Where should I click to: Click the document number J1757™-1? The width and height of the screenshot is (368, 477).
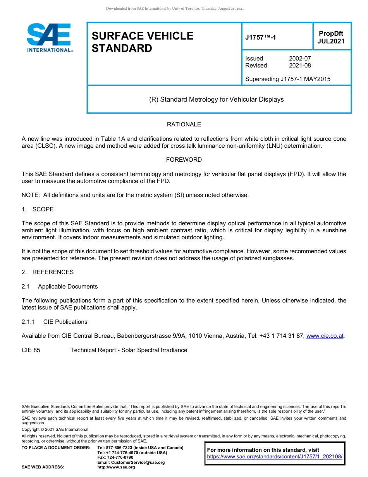(x=260, y=38)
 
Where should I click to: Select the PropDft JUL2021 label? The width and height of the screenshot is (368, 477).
(x=331, y=38)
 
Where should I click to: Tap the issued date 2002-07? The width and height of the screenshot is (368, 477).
(x=300, y=59)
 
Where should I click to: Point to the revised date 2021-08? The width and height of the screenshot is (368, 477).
(x=300, y=66)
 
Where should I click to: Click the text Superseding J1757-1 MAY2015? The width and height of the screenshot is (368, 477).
(x=287, y=79)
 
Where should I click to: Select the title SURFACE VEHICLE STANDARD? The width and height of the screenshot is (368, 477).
(x=142, y=42)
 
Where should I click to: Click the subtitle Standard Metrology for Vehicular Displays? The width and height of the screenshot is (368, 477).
(x=216, y=100)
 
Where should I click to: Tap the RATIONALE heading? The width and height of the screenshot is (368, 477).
(x=184, y=124)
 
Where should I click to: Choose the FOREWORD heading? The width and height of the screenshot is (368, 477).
(x=184, y=160)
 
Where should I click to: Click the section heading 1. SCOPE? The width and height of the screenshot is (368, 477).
(x=38, y=209)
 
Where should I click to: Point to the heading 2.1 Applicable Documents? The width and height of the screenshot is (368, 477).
(x=60, y=287)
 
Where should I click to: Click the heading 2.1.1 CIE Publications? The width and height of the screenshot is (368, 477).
(x=54, y=322)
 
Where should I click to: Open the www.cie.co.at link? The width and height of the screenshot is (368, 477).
(x=325, y=336)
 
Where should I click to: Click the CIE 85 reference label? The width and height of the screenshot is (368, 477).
(x=31, y=350)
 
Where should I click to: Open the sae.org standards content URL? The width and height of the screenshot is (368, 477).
(x=275, y=457)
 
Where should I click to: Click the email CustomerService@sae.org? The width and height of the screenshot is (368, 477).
(x=131, y=462)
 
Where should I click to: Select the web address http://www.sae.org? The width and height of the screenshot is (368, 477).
(x=116, y=467)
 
